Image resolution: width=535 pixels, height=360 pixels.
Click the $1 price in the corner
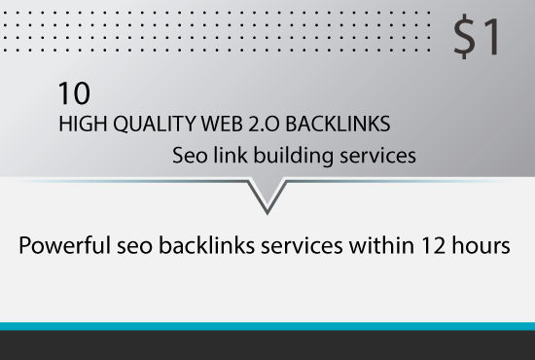pyautogui.click(x=478, y=37)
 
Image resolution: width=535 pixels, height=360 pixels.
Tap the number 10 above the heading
pyautogui.click(x=74, y=93)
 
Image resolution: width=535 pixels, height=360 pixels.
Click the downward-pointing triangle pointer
pyautogui.click(x=267, y=195)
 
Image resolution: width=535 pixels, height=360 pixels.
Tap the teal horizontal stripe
pyautogui.click(x=267, y=326)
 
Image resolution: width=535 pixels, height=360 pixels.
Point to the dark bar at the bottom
pyautogui.click(x=267, y=346)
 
